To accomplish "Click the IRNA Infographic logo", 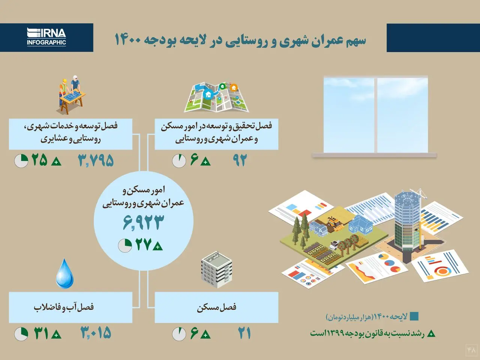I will [46, 37].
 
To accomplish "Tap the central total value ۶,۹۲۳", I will [143, 222].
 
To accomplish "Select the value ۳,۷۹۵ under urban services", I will [96, 160].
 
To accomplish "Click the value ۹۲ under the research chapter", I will [240, 160].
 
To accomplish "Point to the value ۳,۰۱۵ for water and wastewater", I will [96, 333].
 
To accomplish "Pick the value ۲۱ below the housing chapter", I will [244, 333].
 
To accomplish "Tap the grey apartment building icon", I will [216, 269].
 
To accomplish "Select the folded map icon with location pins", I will [216, 97].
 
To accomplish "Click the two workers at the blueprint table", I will [72, 94].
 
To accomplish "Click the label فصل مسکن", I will [217, 307].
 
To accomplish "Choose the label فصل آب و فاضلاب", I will [64, 307].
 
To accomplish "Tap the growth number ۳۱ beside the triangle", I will [41, 333].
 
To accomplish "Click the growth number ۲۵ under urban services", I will [39, 160].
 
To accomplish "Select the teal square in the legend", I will [414, 316].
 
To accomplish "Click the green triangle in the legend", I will [431, 333].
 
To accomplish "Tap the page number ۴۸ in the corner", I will [471, 350].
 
